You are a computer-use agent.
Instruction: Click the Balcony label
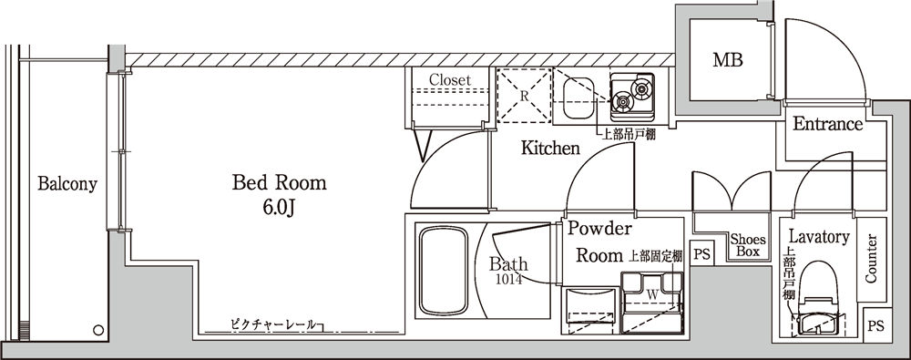point(67,184)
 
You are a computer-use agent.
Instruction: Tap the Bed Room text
point(279,183)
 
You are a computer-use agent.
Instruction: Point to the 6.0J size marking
point(279,208)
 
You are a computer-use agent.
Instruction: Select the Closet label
point(450,80)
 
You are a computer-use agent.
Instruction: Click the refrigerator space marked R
point(524,95)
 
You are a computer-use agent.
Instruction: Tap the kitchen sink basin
point(579,95)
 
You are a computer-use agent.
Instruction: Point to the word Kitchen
point(550,148)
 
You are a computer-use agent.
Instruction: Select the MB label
point(727,61)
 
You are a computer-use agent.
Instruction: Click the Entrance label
point(826,125)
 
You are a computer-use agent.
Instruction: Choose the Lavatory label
point(819,237)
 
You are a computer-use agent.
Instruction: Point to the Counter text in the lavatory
point(871,259)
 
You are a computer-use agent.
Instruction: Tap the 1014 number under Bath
point(508,281)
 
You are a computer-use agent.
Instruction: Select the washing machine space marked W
point(652,293)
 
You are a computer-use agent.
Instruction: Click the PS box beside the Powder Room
point(701,253)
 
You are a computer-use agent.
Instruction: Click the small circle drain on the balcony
point(97,328)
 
